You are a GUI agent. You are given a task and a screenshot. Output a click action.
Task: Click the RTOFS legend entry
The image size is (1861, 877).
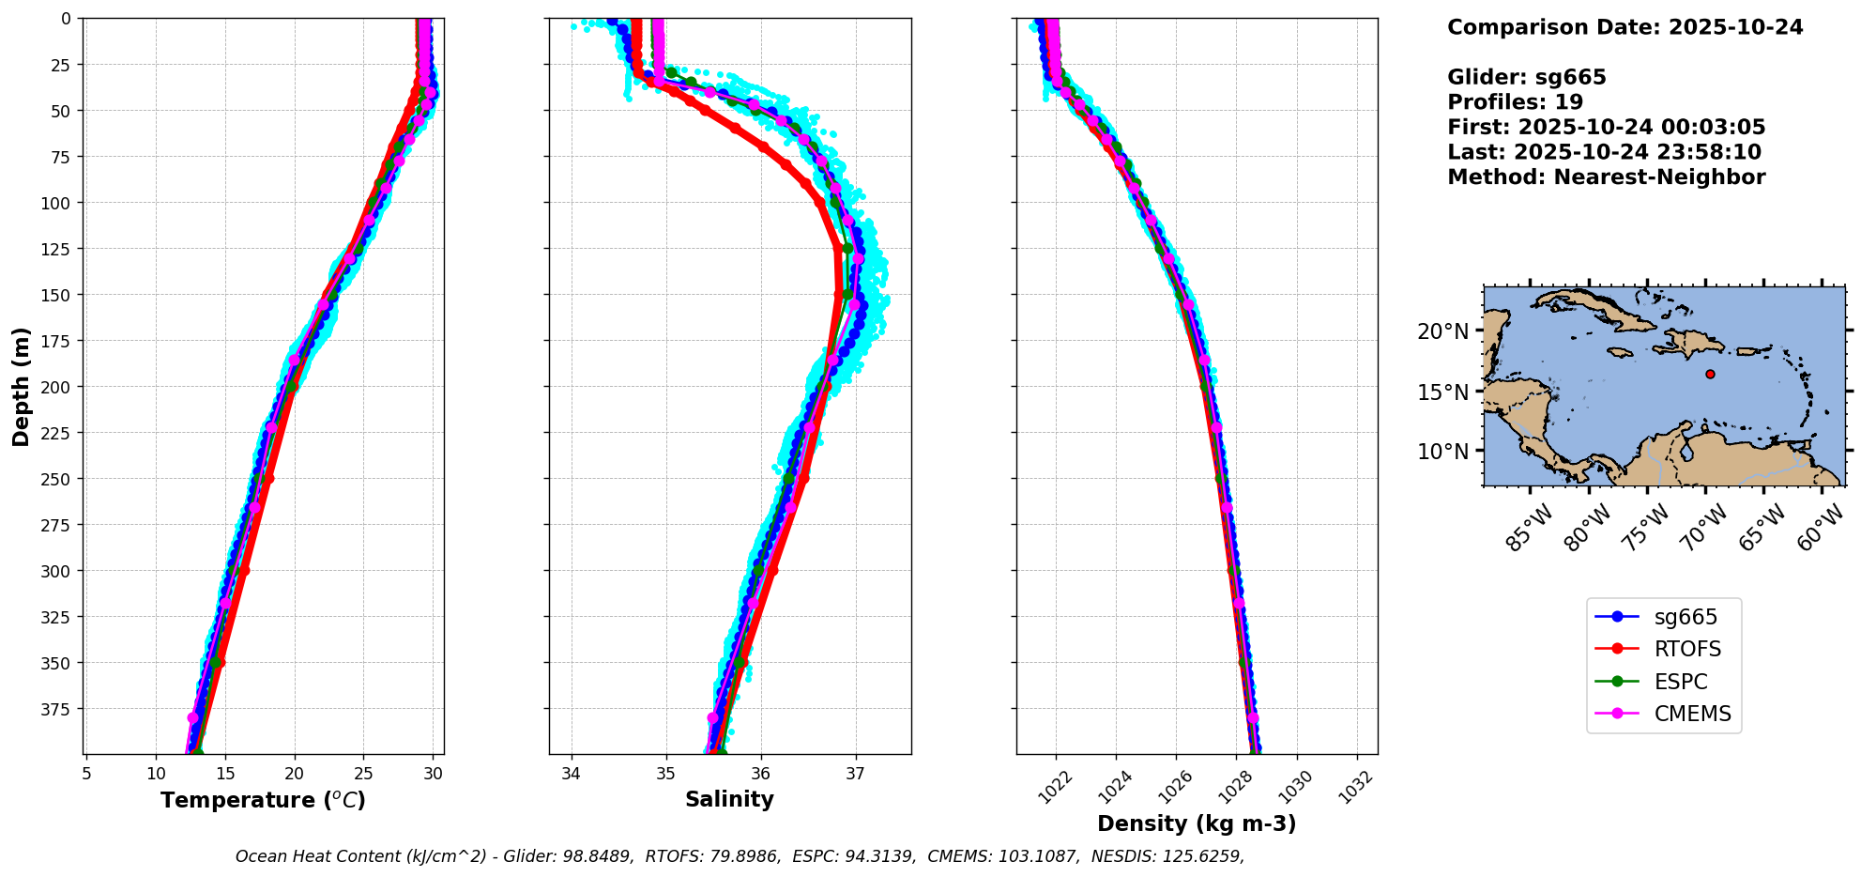(1686, 649)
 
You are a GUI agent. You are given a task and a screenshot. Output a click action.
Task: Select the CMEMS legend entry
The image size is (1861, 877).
(1692, 714)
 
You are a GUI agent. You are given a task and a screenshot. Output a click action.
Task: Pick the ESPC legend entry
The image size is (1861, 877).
(1680, 682)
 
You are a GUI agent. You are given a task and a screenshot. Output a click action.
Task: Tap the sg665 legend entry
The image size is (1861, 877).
(1685, 617)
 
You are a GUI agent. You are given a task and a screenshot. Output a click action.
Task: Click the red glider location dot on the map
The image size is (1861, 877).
(1710, 374)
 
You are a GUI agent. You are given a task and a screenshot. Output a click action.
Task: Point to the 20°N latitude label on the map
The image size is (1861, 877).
(1442, 331)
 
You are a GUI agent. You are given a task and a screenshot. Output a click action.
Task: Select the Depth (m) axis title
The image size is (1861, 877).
(22, 386)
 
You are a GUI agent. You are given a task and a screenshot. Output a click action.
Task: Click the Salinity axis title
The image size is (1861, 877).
(729, 800)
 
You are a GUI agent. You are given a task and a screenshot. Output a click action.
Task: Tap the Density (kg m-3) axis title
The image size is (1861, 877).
(1197, 823)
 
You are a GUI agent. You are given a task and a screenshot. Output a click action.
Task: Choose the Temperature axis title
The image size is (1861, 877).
(263, 800)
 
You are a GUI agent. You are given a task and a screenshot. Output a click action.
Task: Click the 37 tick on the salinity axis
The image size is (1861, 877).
(855, 774)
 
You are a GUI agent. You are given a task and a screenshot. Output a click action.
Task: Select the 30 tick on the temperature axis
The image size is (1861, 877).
(433, 774)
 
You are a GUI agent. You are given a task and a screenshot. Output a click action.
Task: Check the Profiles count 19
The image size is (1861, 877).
(1569, 102)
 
